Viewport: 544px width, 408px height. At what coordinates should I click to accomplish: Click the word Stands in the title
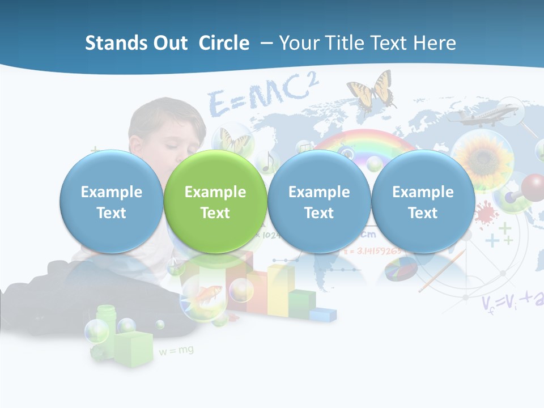tap(111, 43)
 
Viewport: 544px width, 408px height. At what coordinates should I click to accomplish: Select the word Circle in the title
tap(224, 43)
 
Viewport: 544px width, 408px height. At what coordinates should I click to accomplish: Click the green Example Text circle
tap(215, 202)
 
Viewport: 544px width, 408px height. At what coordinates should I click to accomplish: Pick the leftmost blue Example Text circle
tap(112, 202)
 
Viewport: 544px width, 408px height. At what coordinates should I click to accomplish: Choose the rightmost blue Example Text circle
tap(423, 202)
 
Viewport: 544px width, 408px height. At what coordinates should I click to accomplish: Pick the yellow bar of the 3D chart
tap(280, 289)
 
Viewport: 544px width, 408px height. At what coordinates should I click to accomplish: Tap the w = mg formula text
tap(176, 351)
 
